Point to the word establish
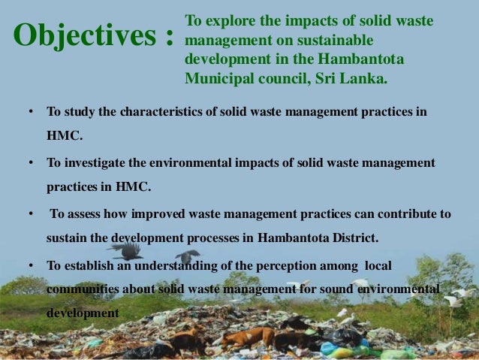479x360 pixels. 92,265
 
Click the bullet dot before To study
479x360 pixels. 31,112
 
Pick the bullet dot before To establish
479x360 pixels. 31,265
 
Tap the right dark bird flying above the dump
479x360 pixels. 187,258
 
